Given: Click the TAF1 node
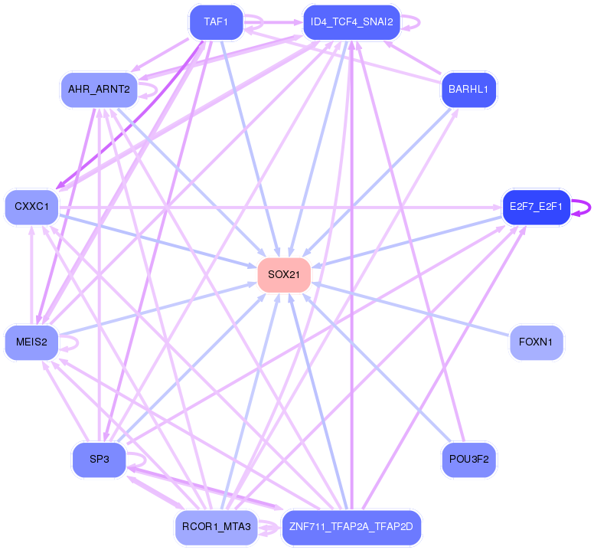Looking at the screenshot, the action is pos(217,22).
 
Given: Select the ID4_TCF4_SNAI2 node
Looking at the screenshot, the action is pos(351,22).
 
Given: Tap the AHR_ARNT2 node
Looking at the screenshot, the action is pos(99,90).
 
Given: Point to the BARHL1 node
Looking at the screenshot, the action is pos(468,90).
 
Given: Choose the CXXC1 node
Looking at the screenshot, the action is pos(32,207).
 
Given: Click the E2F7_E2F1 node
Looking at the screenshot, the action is pos(536,207).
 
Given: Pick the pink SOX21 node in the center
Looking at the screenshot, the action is pos(284,275).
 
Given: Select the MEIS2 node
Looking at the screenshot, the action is pos(32,342).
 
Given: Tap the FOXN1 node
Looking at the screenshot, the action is pos(536,342).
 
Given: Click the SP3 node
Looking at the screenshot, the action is pos(99,460).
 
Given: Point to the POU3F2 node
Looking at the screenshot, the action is pos(468,460).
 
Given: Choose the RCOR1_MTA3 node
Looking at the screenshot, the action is pos(217,527).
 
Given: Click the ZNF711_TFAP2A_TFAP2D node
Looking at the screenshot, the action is pos(351,527).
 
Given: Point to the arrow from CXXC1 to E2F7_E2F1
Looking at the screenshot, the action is pos(281,208).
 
